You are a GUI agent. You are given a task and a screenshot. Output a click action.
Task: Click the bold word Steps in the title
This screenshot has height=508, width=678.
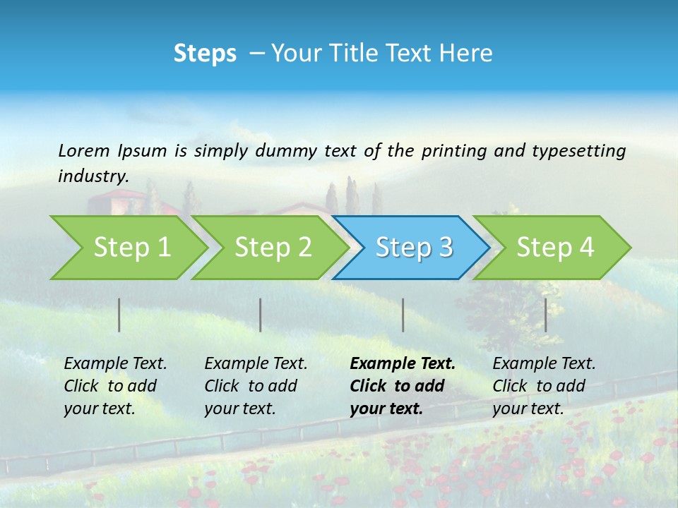(x=205, y=54)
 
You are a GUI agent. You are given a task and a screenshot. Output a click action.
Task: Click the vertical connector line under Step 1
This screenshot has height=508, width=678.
(x=119, y=315)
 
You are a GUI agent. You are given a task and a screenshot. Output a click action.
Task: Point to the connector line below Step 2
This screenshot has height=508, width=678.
(x=261, y=315)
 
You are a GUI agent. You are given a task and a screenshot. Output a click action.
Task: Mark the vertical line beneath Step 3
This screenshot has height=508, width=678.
(x=403, y=315)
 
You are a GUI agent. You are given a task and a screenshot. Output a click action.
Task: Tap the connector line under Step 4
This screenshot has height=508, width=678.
(x=545, y=315)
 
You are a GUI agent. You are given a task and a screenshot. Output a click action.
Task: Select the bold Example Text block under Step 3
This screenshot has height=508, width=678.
(x=402, y=386)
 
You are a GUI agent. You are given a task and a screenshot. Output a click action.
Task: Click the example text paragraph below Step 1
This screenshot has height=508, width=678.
(x=115, y=386)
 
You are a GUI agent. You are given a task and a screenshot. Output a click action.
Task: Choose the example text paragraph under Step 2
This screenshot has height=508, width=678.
(x=256, y=386)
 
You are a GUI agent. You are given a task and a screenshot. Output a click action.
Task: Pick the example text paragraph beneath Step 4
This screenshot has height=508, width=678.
(x=544, y=386)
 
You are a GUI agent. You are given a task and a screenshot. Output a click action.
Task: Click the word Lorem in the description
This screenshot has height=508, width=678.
(x=83, y=151)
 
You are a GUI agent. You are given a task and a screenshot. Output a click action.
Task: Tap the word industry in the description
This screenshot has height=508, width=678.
(x=93, y=176)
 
